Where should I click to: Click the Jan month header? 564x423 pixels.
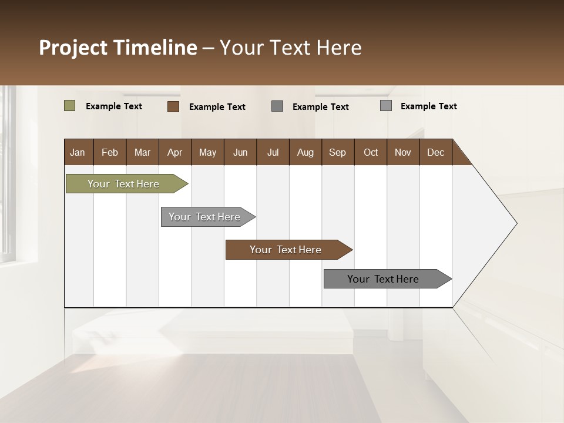pyautogui.click(x=78, y=152)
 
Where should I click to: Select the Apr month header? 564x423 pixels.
pyautogui.click(x=174, y=152)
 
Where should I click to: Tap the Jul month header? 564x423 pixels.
pyautogui.click(x=273, y=152)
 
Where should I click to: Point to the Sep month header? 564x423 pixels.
pyautogui.click(x=337, y=152)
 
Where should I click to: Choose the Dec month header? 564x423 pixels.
pyautogui.click(x=435, y=152)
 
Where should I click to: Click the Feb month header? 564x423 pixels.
pyautogui.click(x=110, y=152)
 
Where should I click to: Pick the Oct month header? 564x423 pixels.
pyautogui.click(x=371, y=152)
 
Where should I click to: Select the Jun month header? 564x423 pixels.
pyautogui.click(x=240, y=152)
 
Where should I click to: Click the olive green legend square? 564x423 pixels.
pyautogui.click(x=69, y=106)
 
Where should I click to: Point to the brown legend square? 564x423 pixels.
pyautogui.click(x=173, y=106)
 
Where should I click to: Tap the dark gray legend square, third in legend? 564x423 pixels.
pyautogui.click(x=277, y=106)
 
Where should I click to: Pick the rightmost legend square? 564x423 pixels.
pyautogui.click(x=385, y=106)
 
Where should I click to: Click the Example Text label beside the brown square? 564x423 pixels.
pyautogui.click(x=217, y=107)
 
